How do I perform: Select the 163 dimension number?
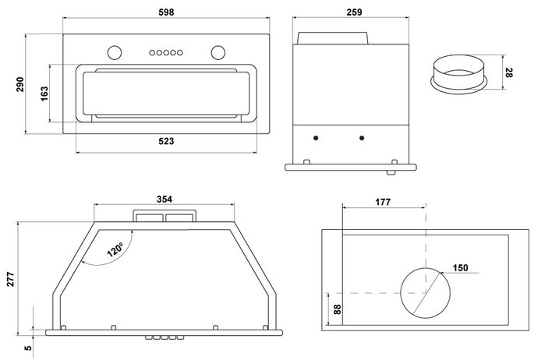coord(44,94)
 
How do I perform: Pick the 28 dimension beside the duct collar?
coord(508,73)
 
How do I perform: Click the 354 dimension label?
coord(164,199)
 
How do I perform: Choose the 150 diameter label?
coord(460,268)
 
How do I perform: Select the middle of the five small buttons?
coord(165,53)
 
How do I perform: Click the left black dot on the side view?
coord(316,138)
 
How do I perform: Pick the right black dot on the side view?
coord(362,138)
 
